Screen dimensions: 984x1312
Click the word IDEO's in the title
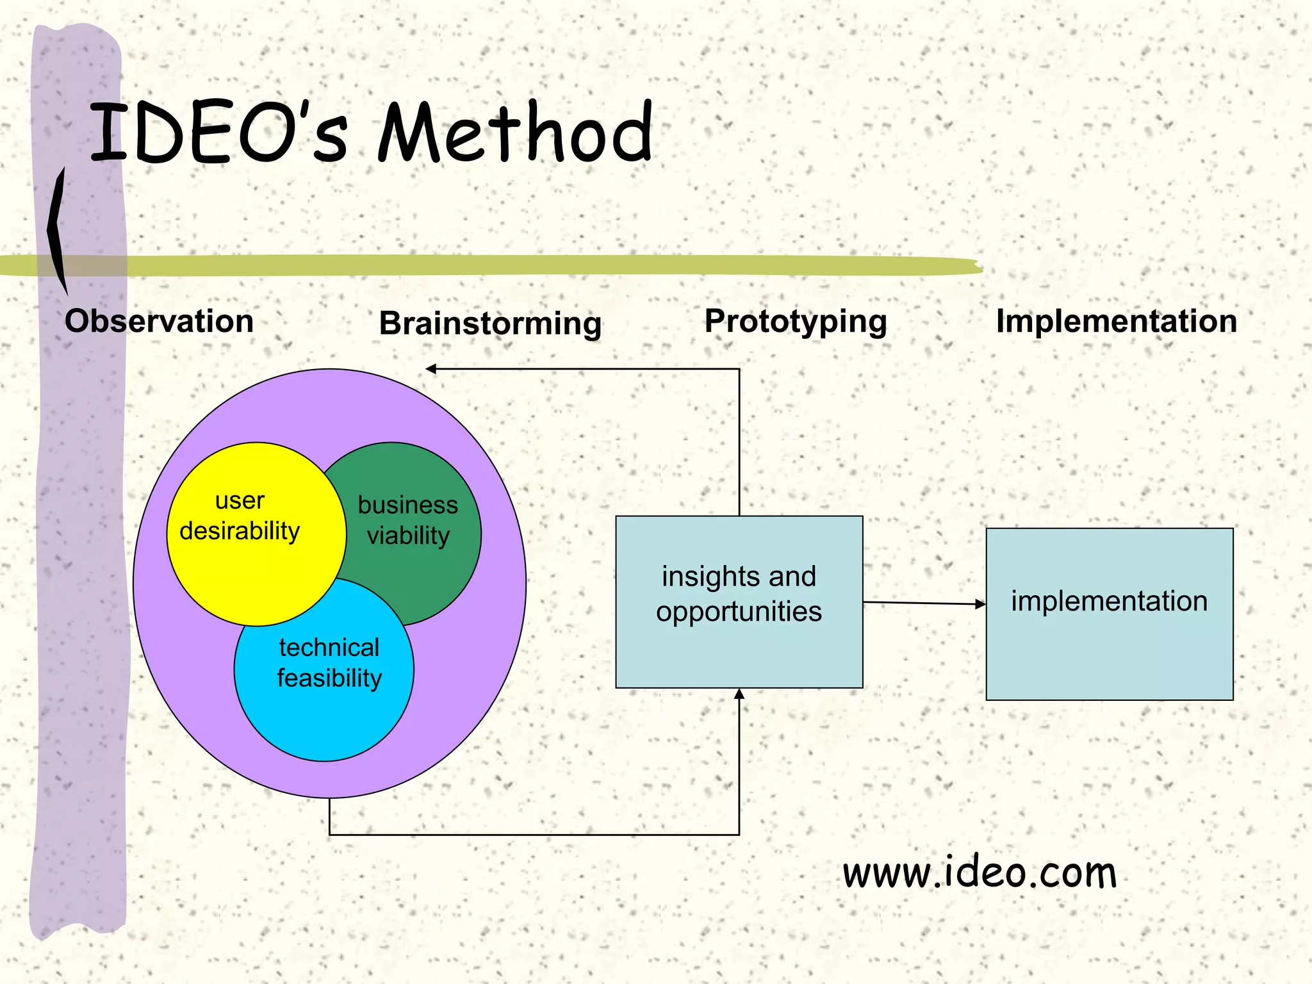(x=218, y=133)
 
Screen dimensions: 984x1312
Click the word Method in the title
(x=514, y=133)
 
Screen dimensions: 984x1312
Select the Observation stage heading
(x=159, y=321)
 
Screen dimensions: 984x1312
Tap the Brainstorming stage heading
(x=490, y=323)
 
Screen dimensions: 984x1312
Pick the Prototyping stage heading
(x=796, y=322)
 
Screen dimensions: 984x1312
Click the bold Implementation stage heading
(x=1116, y=321)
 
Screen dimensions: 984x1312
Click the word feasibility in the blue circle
(x=329, y=678)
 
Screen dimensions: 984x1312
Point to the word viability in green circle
(x=408, y=536)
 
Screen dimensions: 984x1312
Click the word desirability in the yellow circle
(x=240, y=531)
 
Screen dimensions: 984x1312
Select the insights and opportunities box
(x=739, y=653)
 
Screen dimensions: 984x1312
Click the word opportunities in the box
(x=739, y=612)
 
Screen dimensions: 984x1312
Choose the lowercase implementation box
(x=1109, y=647)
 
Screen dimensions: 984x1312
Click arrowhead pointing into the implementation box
(x=980, y=603)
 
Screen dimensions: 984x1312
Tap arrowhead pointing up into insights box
(x=739, y=694)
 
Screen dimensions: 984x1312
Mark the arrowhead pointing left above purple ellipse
(x=431, y=369)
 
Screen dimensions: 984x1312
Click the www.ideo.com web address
(x=980, y=873)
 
